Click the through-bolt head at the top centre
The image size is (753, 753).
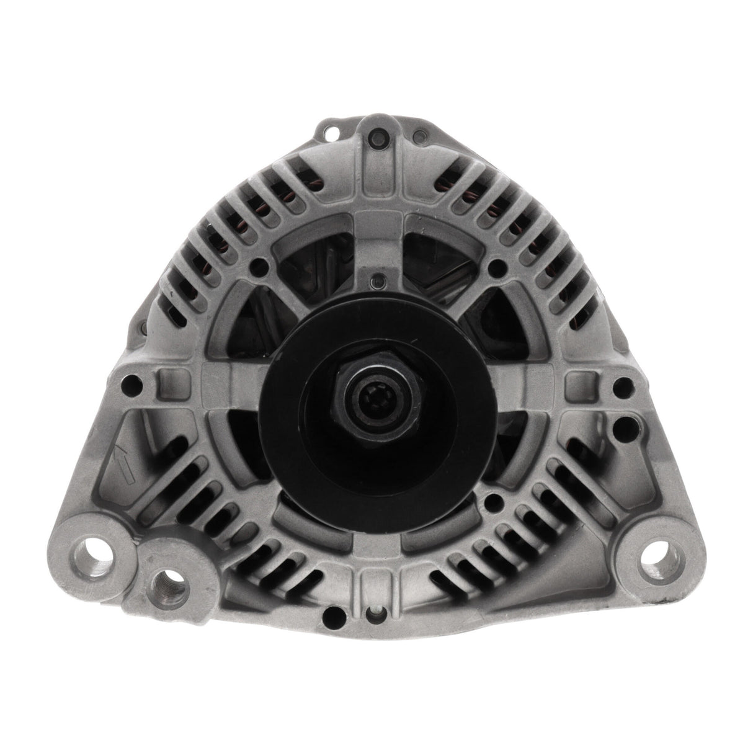pyautogui.click(x=377, y=135)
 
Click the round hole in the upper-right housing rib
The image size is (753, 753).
pyautogui.click(x=494, y=267)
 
